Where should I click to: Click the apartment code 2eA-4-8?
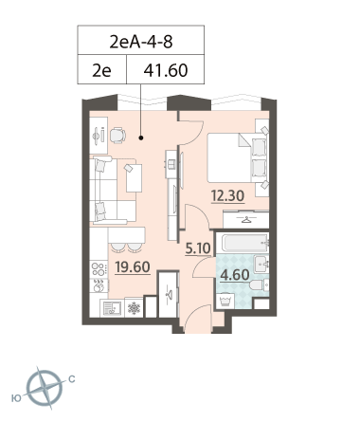click(141, 42)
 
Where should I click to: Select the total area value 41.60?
click(166, 70)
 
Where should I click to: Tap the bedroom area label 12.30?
click(227, 196)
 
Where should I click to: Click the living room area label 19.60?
click(133, 267)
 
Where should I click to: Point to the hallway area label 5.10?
click(198, 248)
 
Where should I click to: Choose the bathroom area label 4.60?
click(235, 275)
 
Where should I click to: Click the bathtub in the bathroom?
click(245, 243)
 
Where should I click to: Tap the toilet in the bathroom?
click(259, 284)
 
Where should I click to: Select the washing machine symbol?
click(225, 301)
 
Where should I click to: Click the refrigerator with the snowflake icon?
click(134, 307)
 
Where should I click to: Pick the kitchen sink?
click(110, 308)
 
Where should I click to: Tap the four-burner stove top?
click(99, 269)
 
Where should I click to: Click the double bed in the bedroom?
click(237, 158)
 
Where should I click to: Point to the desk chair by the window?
click(117, 136)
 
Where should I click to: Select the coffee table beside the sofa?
click(134, 178)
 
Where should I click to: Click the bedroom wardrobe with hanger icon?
click(246, 220)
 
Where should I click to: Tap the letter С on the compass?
click(72, 379)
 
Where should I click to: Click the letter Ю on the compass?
click(16, 398)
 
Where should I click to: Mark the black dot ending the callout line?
click(141, 138)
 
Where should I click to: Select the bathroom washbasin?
click(261, 264)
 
